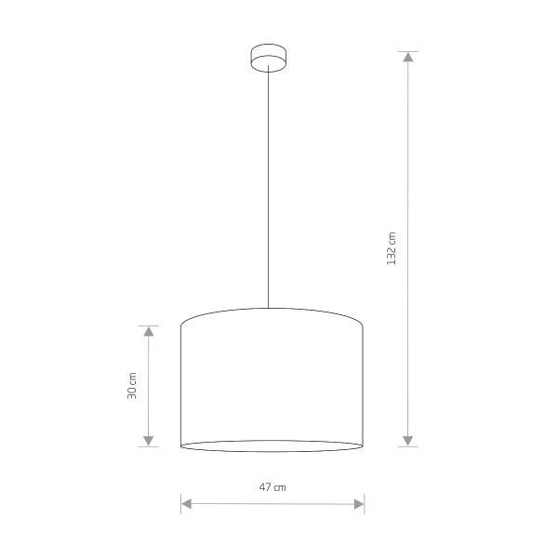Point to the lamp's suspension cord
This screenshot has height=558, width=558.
click(x=270, y=186)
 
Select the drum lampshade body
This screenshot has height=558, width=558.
click(x=271, y=381)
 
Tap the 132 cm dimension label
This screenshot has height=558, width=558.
click(x=392, y=248)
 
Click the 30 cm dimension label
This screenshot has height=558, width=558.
click(x=132, y=386)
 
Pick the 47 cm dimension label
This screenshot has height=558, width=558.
click(x=272, y=486)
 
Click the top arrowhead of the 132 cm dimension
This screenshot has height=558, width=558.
click(x=406, y=57)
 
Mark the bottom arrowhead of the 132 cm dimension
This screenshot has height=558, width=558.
click(x=406, y=440)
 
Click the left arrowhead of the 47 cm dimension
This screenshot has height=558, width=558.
click(x=186, y=504)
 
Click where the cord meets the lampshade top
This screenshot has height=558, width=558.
click(x=270, y=309)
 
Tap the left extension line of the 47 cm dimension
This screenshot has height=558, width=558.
click(x=179, y=502)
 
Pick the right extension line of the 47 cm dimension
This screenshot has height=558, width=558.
click(x=364, y=502)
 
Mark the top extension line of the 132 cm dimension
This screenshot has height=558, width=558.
click(x=406, y=50)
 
